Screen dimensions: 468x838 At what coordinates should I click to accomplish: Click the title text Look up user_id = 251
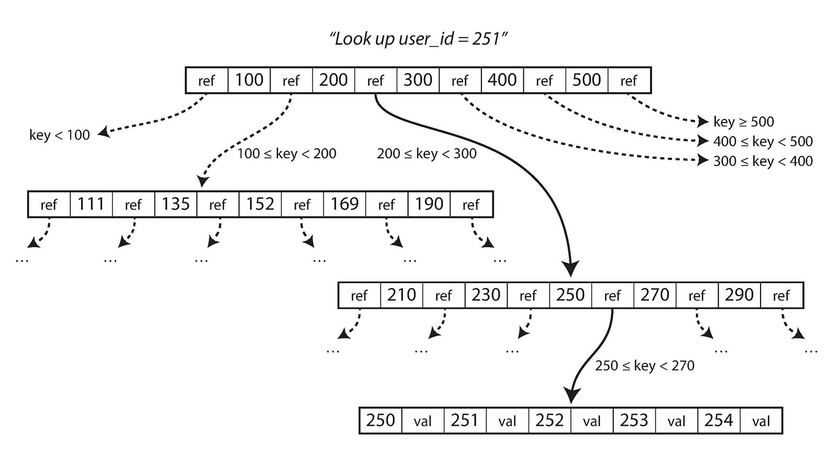[x=418, y=39]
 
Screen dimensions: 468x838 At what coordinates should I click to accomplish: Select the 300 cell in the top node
[x=417, y=80]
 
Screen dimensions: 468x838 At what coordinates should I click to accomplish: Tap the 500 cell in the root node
[x=586, y=80]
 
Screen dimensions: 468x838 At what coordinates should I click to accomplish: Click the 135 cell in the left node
[x=175, y=204]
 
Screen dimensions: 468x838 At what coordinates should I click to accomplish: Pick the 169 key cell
[x=344, y=204]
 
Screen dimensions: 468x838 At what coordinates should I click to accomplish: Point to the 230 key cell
[x=486, y=295]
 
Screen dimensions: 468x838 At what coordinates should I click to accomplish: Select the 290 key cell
[x=738, y=295]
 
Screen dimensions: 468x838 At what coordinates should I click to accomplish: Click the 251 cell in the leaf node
[x=465, y=420]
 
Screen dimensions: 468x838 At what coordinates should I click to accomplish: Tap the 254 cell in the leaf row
[x=718, y=420]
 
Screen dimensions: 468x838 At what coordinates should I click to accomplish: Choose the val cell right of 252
[x=592, y=421]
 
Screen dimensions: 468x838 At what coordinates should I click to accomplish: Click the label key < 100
[x=60, y=135]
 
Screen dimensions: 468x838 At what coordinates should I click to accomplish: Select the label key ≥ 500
[x=743, y=122]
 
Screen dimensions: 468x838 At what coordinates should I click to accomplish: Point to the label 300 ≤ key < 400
[x=763, y=161]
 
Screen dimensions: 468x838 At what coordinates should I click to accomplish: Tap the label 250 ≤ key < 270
[x=644, y=365]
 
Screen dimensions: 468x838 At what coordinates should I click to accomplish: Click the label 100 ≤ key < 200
[x=286, y=154]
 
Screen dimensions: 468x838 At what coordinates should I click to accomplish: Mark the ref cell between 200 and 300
[x=376, y=81]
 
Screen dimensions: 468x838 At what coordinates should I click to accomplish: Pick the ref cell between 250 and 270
[x=612, y=296]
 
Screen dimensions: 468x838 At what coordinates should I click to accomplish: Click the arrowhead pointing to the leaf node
[x=571, y=396]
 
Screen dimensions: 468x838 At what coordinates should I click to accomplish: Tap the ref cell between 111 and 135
[x=133, y=204]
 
